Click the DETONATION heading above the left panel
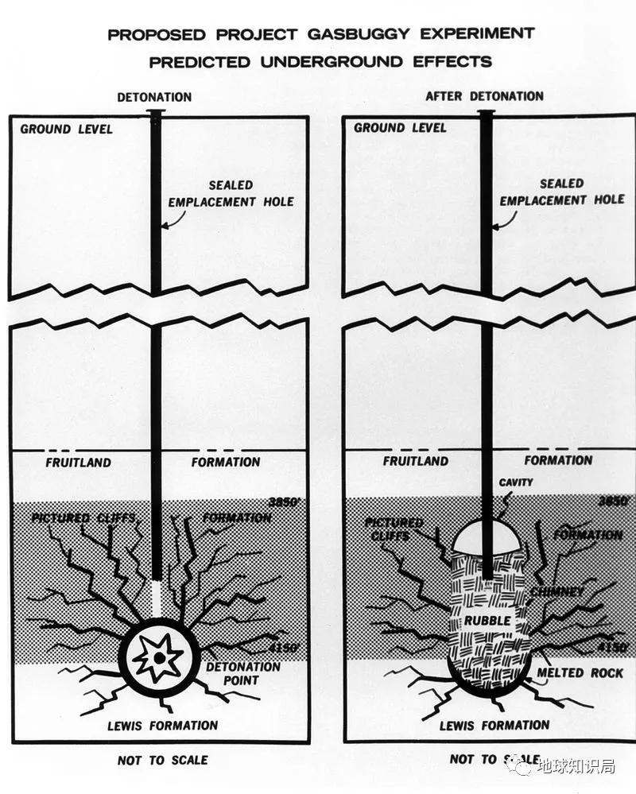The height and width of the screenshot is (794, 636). point(154,97)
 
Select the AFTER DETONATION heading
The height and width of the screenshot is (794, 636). point(484,95)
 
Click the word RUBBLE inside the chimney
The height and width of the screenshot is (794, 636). point(488,620)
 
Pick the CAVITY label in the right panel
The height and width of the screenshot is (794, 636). point(516,482)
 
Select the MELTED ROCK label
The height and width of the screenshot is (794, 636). point(581,672)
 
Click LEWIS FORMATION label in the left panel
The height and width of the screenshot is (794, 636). point(162,725)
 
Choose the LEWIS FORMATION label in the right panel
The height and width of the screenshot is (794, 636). point(495,724)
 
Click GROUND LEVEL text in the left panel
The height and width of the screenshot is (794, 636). point(66,129)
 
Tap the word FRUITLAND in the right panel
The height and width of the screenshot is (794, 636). point(416,460)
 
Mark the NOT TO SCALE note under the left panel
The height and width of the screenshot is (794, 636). point(162,761)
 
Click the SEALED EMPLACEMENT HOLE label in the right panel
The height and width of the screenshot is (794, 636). point(562,192)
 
